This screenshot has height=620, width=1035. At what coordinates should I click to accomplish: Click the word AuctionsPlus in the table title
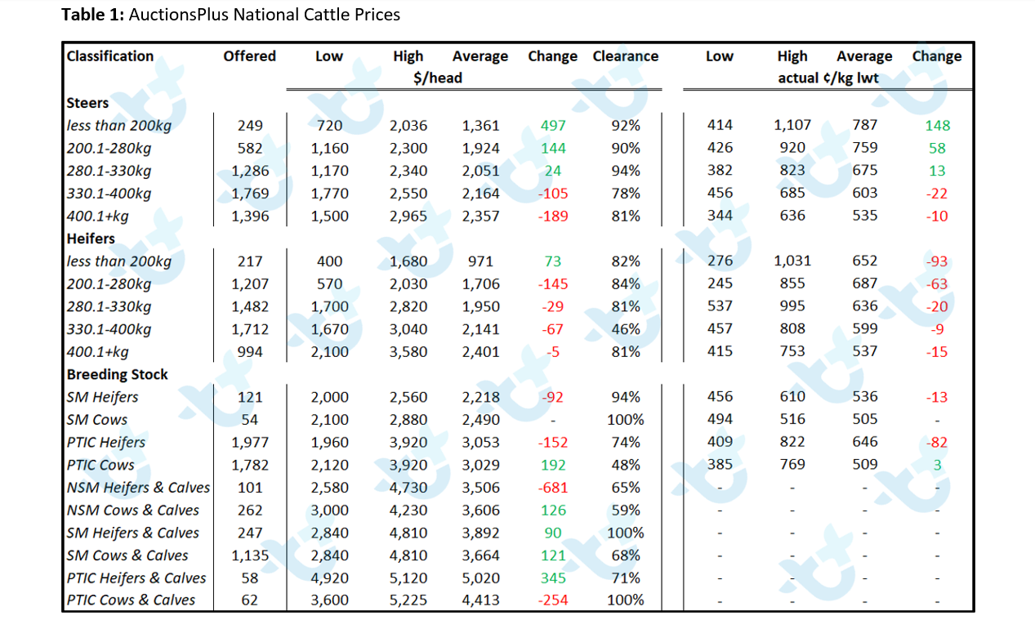[x=178, y=15]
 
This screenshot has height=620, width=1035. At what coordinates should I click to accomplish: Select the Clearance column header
[x=625, y=56]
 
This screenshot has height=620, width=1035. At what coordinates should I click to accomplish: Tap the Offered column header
[x=249, y=56]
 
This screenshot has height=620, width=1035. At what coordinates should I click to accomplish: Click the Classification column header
[x=110, y=56]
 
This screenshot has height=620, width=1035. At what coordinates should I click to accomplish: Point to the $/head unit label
[x=438, y=78]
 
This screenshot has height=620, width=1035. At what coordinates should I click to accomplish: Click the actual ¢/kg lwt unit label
[x=828, y=78]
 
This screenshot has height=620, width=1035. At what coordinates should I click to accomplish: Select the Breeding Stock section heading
[x=117, y=374]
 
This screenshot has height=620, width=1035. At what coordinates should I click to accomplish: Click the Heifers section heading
[x=91, y=239]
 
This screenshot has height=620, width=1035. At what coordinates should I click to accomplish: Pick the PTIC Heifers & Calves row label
[x=136, y=578]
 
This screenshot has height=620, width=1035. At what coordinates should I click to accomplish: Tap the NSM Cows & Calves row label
[x=132, y=510]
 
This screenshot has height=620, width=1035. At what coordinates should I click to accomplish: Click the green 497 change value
[x=552, y=126]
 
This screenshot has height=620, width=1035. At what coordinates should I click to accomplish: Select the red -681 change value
[x=552, y=488]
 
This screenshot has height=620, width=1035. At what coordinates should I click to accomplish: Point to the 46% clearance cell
[x=626, y=329]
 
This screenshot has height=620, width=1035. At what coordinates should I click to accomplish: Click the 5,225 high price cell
[x=408, y=600]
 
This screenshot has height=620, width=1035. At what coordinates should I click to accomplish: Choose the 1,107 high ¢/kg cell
[x=792, y=125]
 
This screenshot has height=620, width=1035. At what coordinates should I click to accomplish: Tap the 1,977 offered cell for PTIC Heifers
[x=249, y=443]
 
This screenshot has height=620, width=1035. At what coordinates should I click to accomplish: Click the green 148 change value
[x=937, y=126]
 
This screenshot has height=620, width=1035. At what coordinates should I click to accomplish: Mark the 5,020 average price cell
[x=480, y=578]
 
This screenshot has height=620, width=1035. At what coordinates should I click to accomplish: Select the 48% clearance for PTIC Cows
[x=626, y=466]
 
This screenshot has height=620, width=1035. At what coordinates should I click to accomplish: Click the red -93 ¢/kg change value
[x=937, y=261]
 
